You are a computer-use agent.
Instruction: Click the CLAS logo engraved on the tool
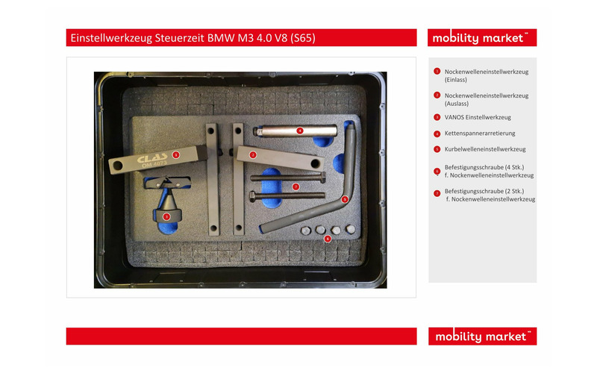pyautogui.click(x=152, y=158)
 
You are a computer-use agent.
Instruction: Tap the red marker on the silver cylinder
pyautogui.click(x=300, y=131)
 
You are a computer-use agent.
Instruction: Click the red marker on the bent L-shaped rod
pyautogui.click(x=345, y=199)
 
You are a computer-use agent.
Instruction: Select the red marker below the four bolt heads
pyautogui.click(x=328, y=239)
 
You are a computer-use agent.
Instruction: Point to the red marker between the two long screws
pyautogui.click(x=296, y=186)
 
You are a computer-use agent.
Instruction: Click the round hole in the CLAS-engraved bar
pyautogui.click(x=118, y=166)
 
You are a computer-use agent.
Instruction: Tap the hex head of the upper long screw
pyautogui.click(x=323, y=177)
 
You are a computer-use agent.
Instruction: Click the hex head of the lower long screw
pyautogui.click(x=252, y=196)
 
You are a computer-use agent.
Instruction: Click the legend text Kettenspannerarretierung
pyautogui.click(x=480, y=134)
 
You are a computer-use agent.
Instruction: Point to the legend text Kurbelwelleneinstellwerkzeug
pyautogui.click(x=485, y=149)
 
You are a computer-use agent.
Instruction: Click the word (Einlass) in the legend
pyautogui.click(x=456, y=80)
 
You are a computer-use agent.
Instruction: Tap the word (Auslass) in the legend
pyautogui.click(x=457, y=104)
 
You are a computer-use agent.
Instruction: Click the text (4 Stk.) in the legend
pyautogui.click(x=514, y=167)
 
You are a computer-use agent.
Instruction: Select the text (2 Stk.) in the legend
pyautogui.click(x=514, y=191)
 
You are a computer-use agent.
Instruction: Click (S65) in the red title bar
pyautogui.click(x=303, y=38)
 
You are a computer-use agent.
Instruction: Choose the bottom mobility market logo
pyautogui.click(x=482, y=336)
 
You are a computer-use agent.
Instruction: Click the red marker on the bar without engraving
pyautogui.click(x=253, y=155)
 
